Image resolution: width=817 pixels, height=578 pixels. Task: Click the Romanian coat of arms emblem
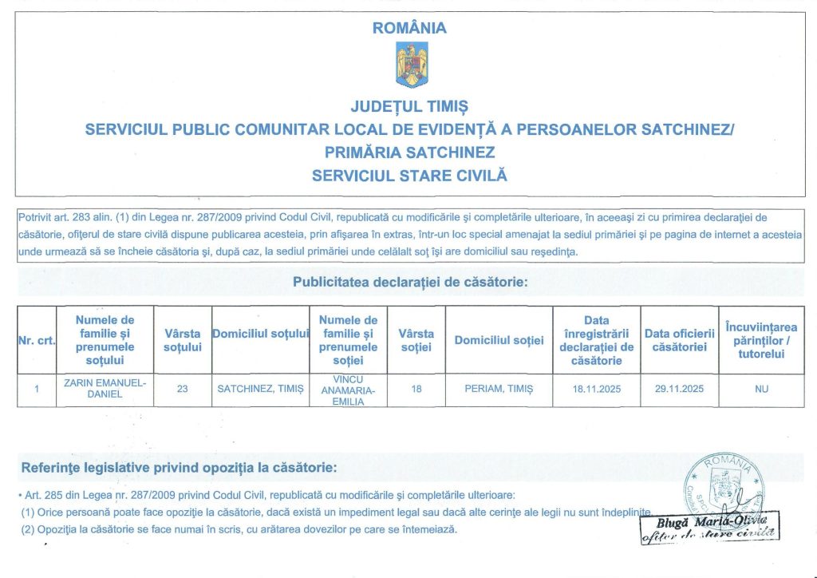(412, 65)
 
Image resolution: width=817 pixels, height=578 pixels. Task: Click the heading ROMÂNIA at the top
(409, 28)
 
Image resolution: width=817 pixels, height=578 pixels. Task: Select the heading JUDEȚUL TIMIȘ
(409, 106)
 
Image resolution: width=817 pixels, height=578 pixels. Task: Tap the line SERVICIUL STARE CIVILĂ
(409, 175)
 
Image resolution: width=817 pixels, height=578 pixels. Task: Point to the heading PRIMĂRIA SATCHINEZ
(409, 152)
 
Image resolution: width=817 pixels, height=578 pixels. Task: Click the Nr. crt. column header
(36, 341)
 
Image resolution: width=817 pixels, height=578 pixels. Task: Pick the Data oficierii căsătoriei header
(679, 340)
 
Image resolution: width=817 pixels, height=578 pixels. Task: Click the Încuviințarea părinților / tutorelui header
(761, 340)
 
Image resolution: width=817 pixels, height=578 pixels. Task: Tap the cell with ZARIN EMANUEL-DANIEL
(105, 389)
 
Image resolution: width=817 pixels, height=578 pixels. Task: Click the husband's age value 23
(183, 389)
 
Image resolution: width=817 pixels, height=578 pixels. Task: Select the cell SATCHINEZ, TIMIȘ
(260, 389)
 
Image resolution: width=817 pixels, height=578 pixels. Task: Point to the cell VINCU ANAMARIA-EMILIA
(348, 390)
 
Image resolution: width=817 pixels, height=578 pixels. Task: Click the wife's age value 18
(416, 389)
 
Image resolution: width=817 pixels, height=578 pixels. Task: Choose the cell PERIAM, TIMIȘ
(499, 389)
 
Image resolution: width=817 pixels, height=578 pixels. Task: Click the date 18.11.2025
(596, 389)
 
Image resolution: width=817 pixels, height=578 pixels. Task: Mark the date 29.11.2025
(679, 389)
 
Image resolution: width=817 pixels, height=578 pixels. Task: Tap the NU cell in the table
(761, 389)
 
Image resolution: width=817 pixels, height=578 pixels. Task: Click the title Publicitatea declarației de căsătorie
(409, 282)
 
